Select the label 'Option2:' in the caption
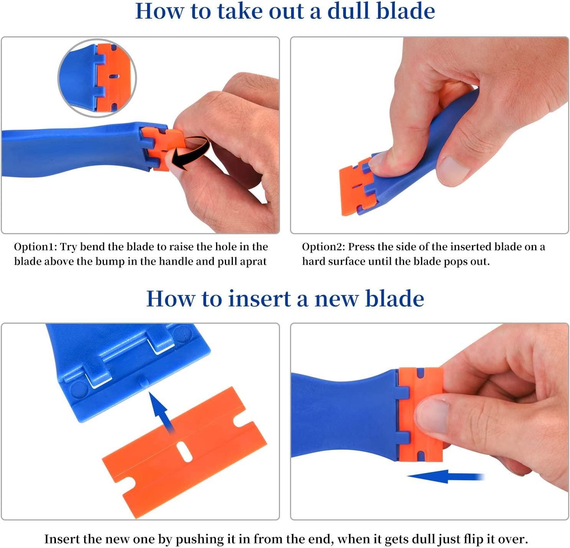click(323, 247)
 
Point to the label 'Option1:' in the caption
click(35, 247)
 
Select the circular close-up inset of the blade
click(97, 77)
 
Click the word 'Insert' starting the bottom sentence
click(62, 539)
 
